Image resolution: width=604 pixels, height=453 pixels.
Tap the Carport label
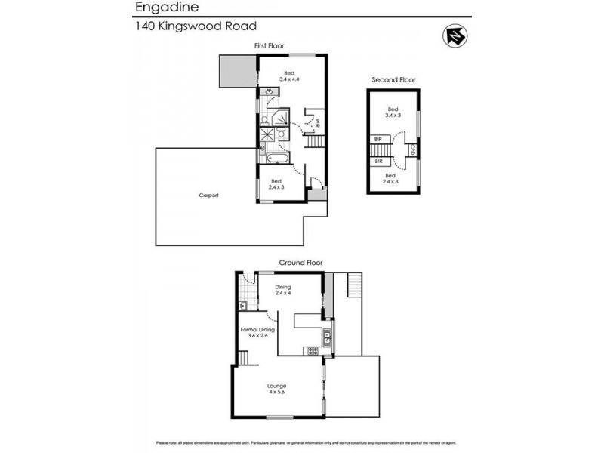208,195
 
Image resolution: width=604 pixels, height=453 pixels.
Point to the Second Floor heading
393,79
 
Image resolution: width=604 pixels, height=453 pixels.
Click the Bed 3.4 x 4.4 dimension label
289,76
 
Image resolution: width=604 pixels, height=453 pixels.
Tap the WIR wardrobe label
318,122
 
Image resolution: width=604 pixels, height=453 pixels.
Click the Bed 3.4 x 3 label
392,112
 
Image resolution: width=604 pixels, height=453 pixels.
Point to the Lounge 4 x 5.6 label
276,389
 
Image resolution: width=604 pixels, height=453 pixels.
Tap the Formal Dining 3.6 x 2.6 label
257,332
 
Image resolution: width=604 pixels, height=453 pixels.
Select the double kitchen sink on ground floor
327,339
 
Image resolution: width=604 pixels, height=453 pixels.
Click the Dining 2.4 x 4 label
282,290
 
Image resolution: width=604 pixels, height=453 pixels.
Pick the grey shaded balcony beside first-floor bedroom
236,72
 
